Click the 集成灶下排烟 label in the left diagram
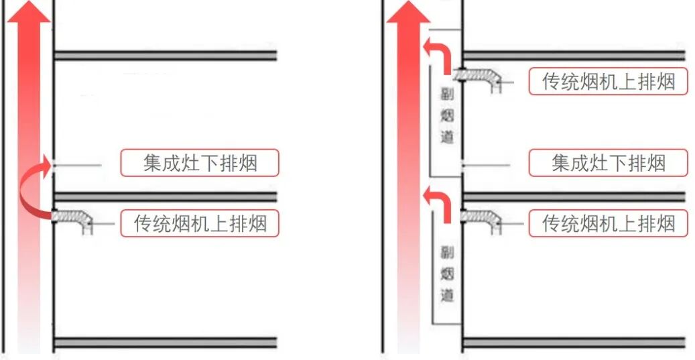200,163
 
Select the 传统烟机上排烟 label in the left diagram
200,223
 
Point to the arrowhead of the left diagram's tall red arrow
29,12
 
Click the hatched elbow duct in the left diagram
73,219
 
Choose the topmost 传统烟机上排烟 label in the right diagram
608,81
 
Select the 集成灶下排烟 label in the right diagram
608,163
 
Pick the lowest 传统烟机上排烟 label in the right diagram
608,223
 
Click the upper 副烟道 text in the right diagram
447,116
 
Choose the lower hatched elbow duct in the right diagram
481,219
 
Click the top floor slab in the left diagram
165,56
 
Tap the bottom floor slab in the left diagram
165,343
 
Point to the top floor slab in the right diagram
574,56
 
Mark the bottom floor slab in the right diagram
574,343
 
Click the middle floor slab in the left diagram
165,197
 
